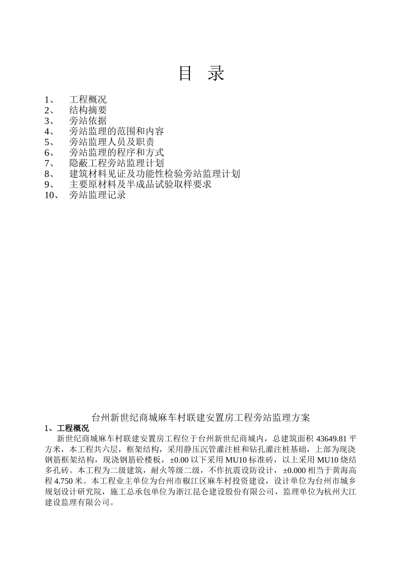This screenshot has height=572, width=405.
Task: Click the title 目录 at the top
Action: [x=202, y=74]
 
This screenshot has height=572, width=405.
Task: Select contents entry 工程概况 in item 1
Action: [x=88, y=100]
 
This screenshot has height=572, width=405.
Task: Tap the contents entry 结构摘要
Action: [x=88, y=111]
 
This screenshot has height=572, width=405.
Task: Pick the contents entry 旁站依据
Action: [x=88, y=121]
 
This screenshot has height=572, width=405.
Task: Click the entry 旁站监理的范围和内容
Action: [x=116, y=132]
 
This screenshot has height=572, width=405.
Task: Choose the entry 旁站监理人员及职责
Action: [x=112, y=142]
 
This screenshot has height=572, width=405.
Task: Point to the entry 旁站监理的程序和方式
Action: [x=116, y=153]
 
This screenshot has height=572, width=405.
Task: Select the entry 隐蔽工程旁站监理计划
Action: [x=116, y=163]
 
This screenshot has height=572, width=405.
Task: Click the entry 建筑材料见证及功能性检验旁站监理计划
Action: [x=154, y=174]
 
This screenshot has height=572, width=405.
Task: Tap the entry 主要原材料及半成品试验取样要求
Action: [x=140, y=184]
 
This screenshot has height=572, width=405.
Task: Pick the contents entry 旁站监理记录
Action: [x=98, y=195]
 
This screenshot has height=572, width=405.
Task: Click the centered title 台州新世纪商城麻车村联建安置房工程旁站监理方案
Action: [x=201, y=418]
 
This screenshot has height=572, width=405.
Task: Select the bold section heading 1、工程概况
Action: [x=67, y=428]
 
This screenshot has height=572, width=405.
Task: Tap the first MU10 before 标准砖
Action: [x=235, y=460]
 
